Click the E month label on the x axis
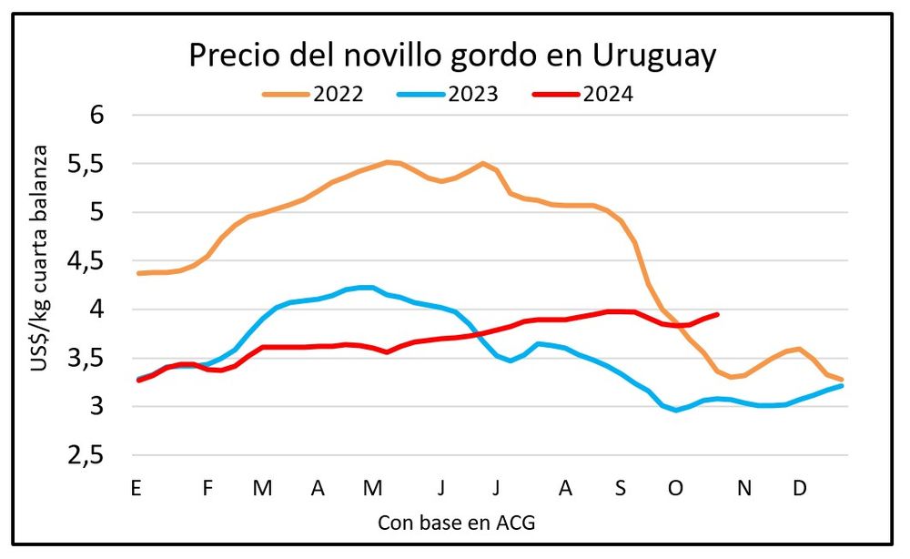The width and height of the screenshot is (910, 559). [x=136, y=489]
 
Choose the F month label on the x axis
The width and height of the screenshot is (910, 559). [x=207, y=489]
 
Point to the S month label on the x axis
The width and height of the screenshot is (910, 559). [x=620, y=489]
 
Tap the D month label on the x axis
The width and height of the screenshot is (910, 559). [x=799, y=489]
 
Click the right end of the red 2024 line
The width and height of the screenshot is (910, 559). [x=718, y=314]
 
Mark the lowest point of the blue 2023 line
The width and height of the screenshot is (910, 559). [x=675, y=411]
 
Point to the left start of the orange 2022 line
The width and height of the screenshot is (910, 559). [x=137, y=273]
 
